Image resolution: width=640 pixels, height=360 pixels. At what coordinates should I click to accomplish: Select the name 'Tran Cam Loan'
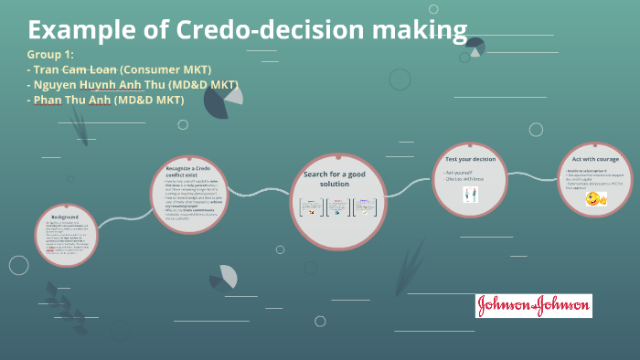(x=75, y=69)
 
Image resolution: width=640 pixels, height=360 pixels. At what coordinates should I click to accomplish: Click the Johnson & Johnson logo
(x=533, y=306)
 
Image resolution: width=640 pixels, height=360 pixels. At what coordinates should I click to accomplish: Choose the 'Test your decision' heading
(x=469, y=159)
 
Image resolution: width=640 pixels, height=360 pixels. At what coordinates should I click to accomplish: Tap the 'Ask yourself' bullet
(x=459, y=172)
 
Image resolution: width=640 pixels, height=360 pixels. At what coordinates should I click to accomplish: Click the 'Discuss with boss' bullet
(x=465, y=178)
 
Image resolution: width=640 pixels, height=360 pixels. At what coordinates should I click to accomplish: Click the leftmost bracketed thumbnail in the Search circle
(x=311, y=207)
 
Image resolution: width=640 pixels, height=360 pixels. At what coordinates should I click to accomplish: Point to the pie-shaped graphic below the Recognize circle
(x=223, y=277)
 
